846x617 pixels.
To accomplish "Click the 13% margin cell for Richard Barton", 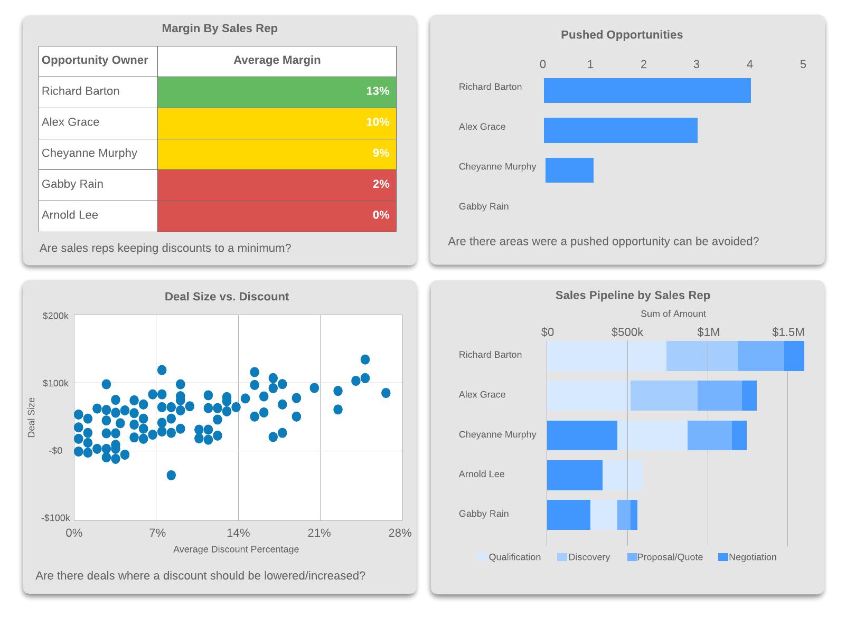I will click(277, 92).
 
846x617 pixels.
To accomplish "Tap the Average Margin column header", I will click(277, 61).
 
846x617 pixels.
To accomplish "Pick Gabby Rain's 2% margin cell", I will click(277, 185).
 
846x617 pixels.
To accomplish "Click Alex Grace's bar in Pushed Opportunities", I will click(620, 130).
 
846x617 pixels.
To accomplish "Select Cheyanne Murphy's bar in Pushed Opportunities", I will click(569, 170).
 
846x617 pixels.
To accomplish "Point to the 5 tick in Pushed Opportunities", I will click(803, 64).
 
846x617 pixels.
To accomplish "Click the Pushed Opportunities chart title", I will click(621, 35).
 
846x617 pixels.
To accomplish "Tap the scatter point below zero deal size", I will click(171, 475).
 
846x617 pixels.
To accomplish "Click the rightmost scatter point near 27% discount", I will click(386, 393).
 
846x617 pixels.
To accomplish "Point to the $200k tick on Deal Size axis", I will click(55, 316).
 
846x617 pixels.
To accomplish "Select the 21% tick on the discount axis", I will click(319, 533).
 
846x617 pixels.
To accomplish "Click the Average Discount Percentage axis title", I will click(236, 549).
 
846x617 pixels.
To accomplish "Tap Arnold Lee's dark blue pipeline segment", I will click(574, 475).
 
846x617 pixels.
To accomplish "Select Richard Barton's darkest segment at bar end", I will click(794, 356).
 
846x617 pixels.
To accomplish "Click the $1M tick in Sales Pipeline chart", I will click(708, 333).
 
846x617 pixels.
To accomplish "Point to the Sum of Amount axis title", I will click(673, 314).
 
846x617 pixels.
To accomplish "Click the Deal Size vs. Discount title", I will click(227, 297).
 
